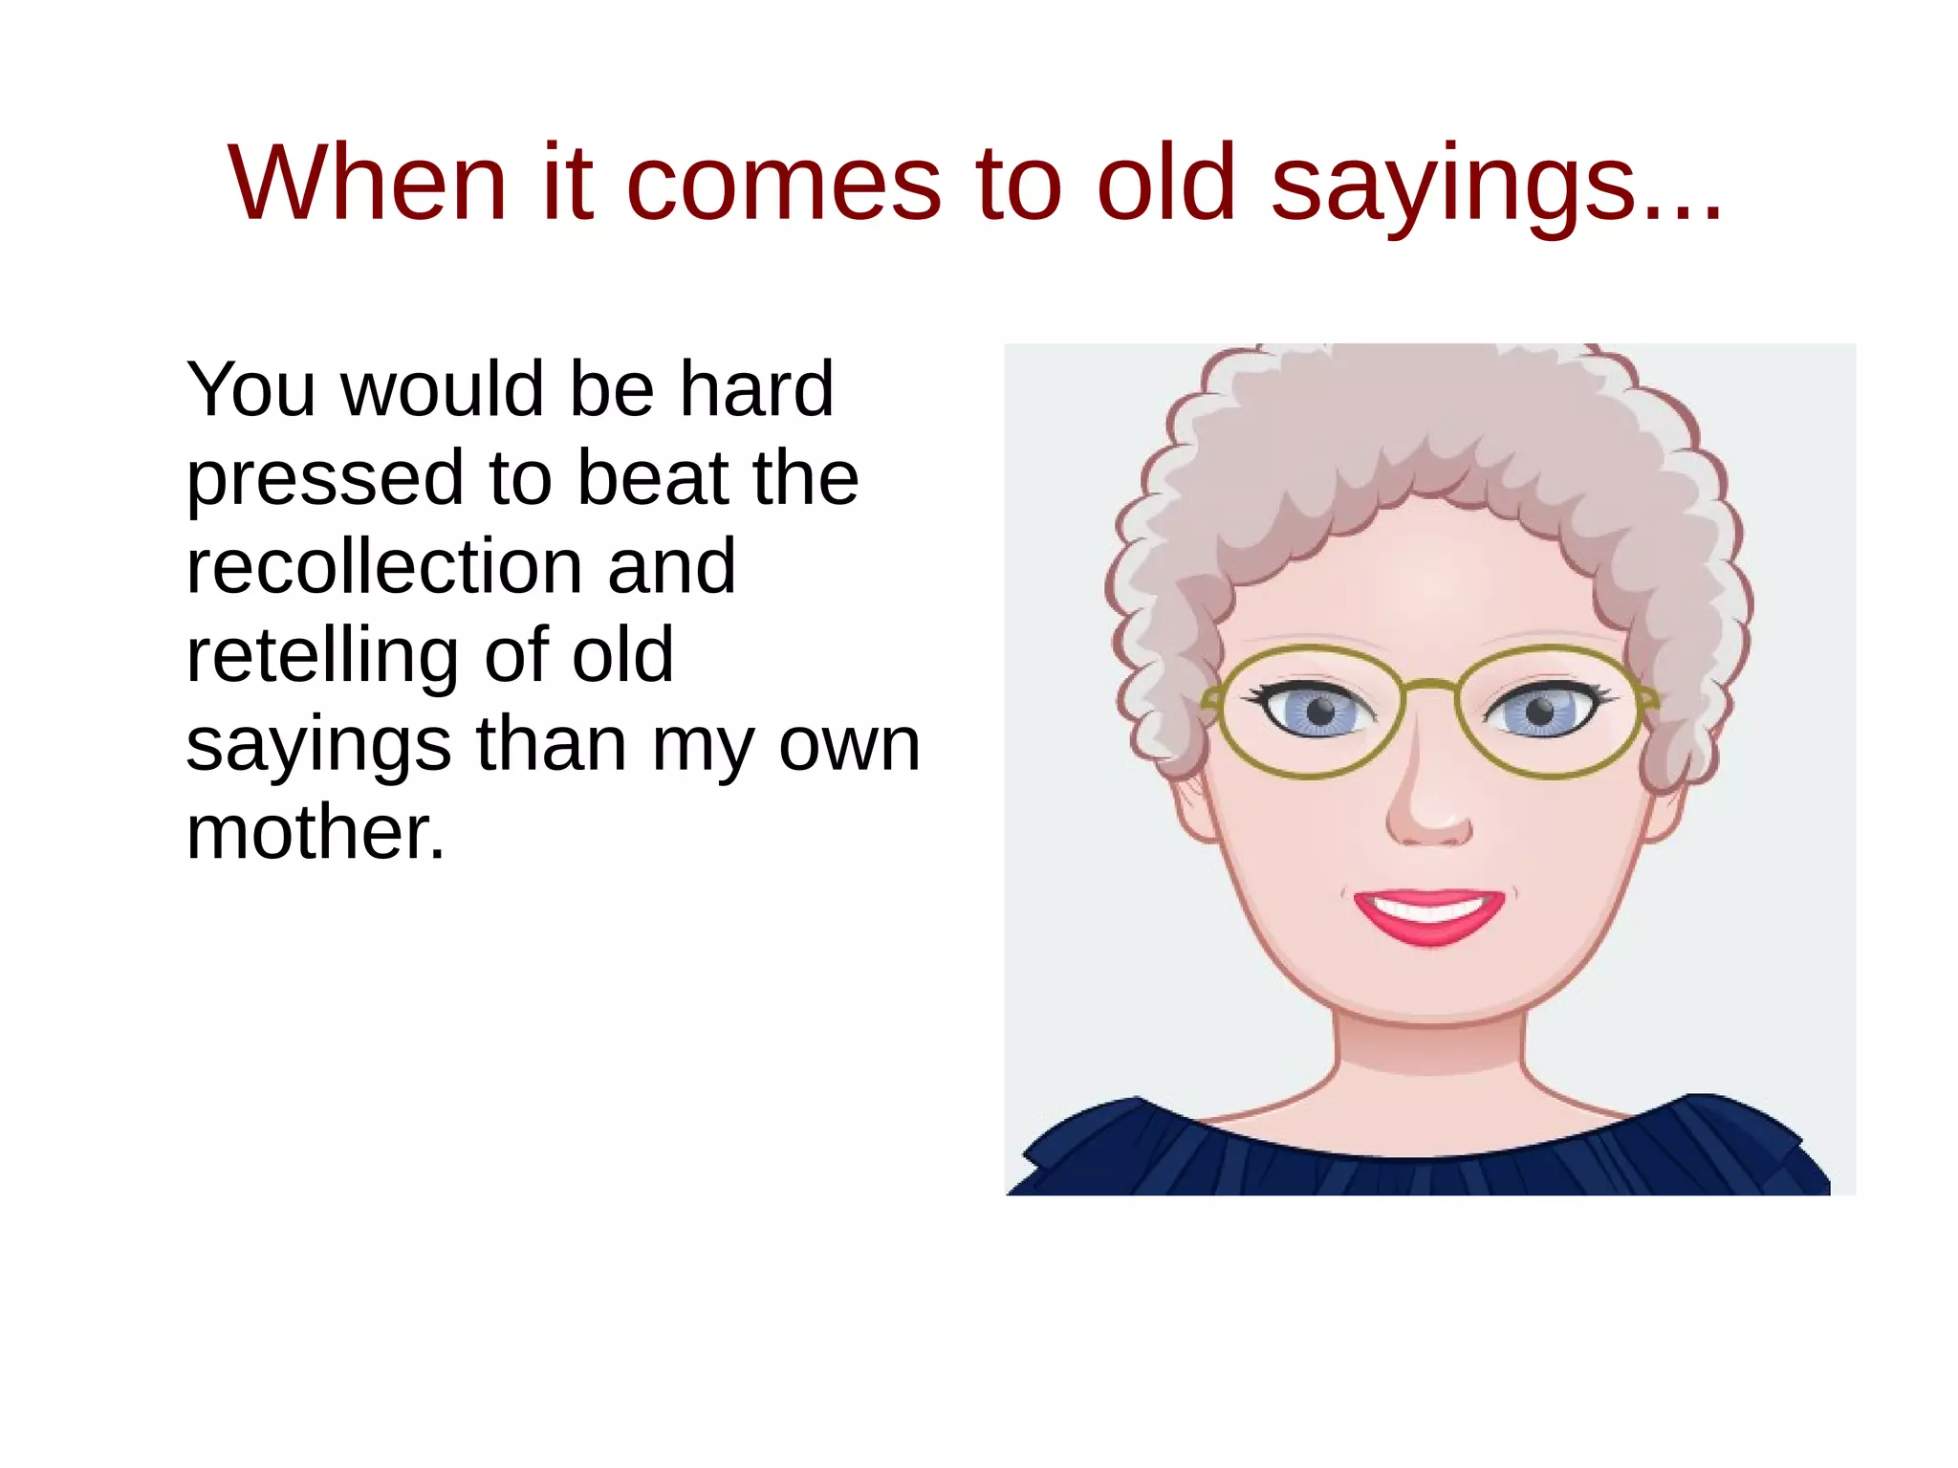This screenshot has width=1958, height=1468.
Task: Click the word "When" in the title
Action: pyautogui.click(x=367, y=182)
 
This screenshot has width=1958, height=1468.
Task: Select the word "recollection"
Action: pyautogui.click(x=382, y=565)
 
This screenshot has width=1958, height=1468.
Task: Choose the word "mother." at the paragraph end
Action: pyautogui.click(x=315, y=831)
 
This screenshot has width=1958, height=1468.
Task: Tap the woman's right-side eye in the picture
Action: pyautogui.click(x=1539, y=712)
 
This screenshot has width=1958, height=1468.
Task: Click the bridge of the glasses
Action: pyautogui.click(x=1429, y=684)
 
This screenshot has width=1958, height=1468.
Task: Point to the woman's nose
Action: pyautogui.click(x=1428, y=808)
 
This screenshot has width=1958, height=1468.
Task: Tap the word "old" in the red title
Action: pyautogui.click(x=1166, y=182)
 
